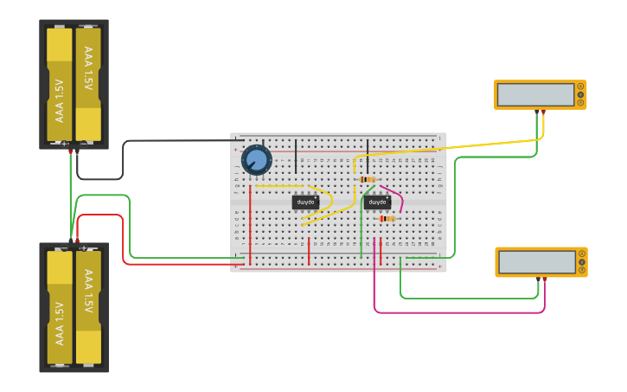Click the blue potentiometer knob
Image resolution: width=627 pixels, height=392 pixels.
coord(256,160)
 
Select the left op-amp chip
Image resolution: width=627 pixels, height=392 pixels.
coord(304,202)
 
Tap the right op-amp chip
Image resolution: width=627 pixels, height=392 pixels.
coord(377,202)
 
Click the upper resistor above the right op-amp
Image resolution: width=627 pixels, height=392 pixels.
coord(368,180)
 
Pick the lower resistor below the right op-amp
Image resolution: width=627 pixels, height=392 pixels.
coord(387,219)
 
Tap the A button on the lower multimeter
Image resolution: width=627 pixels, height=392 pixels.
coord(582,254)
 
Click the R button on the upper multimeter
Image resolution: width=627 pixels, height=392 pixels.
coord(581,103)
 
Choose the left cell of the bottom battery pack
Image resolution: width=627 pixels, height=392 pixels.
coord(60,307)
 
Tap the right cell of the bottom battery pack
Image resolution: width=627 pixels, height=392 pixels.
coord(88,307)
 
